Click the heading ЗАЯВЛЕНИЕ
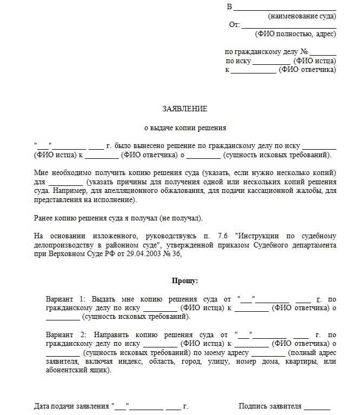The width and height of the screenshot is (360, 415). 185,109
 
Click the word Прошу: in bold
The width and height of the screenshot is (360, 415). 185,281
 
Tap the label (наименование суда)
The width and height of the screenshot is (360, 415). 302,16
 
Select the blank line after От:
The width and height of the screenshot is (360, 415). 289,25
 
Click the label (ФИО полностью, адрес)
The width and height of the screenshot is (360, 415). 297,34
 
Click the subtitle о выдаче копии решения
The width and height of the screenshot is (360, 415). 185,128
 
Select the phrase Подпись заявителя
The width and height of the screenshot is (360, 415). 270,406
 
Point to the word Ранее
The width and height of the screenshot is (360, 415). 43,218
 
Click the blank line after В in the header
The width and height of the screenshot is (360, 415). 285,8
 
